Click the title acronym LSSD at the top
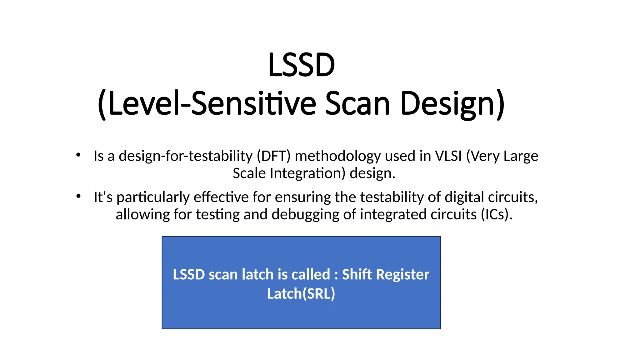point(302,65)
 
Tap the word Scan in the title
point(357,103)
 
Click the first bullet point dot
point(78,155)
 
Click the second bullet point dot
point(78,196)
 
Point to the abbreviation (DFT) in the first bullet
point(274,156)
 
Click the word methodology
point(338,156)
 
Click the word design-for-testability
point(186,156)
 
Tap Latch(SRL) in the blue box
point(301,294)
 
